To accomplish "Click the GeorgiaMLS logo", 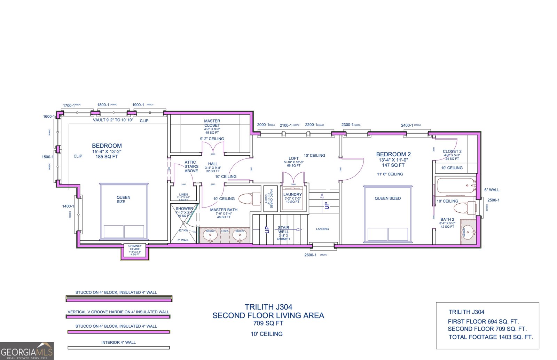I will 27,351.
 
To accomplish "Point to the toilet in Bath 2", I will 465,208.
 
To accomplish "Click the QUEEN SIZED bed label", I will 387,198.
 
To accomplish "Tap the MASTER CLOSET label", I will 212,123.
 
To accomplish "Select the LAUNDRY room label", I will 292,195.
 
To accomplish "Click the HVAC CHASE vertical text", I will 271,199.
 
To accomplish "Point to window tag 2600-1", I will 310,255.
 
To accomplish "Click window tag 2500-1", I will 493,200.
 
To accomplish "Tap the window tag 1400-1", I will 68,206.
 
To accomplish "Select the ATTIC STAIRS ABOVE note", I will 191,166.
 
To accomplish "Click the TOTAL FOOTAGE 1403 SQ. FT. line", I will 490,337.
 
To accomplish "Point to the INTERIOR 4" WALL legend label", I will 118,343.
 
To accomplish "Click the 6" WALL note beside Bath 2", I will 492,190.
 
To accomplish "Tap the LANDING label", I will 322,229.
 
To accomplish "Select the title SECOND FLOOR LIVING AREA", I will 268,315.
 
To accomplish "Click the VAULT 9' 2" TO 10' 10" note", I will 113,120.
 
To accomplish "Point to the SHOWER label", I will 184,209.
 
